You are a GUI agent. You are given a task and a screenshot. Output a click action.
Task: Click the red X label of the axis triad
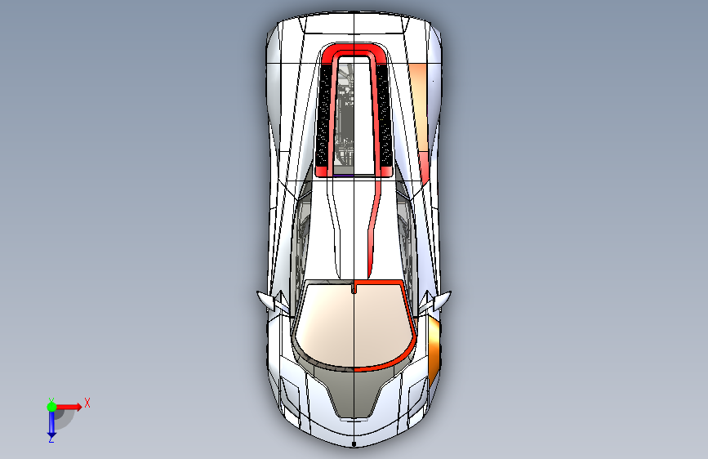coord(87,403)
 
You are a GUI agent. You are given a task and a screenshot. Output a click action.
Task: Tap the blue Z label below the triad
coord(51,439)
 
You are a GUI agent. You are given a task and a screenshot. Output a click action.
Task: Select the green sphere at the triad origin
coord(51,407)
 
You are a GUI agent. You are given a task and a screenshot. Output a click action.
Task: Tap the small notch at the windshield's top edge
coord(353,287)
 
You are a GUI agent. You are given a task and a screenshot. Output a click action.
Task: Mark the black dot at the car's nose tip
coord(354,444)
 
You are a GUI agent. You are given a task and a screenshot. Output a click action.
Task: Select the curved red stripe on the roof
coord(374,226)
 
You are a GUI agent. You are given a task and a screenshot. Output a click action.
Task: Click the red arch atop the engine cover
coord(354,49)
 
